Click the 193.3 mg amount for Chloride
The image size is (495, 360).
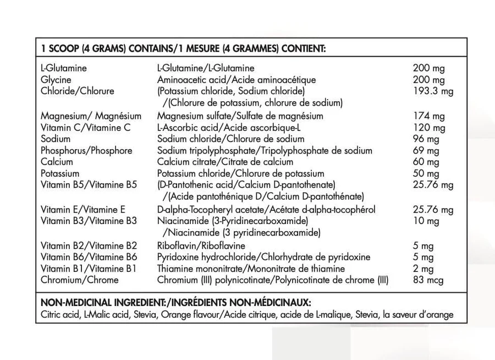coord(433,91)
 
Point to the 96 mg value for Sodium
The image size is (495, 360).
coord(426,139)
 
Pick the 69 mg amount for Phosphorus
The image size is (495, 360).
coord(426,151)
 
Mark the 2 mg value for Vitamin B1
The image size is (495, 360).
coord(424,269)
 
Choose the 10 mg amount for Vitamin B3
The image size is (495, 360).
coord(426,221)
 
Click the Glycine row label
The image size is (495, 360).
coord(56,80)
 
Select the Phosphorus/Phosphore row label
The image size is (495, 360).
coord(86,151)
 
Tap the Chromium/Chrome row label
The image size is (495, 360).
coord(79,280)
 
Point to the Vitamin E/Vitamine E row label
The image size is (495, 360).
coord(83,210)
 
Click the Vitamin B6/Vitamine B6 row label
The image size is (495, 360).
coord(89,257)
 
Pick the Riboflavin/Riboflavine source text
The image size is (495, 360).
coord(201,246)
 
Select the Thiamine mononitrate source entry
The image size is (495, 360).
coord(201,269)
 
